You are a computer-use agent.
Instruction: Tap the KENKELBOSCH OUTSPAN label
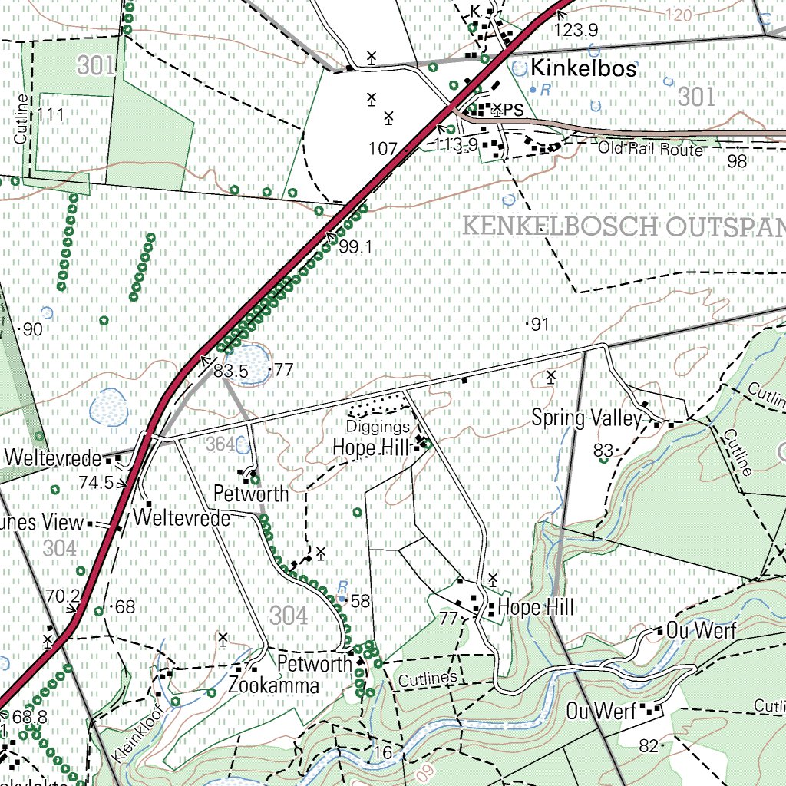(x=624, y=227)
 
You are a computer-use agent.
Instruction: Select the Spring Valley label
(x=586, y=418)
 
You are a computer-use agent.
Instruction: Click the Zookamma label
(x=274, y=685)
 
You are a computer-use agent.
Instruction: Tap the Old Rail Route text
(x=650, y=149)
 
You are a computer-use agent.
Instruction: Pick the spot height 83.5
(x=231, y=371)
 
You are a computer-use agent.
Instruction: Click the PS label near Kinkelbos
(x=514, y=110)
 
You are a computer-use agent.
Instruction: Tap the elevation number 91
(x=540, y=325)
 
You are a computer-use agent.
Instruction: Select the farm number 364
(x=220, y=444)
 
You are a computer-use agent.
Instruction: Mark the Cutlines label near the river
(x=428, y=679)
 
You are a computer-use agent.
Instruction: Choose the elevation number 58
(x=360, y=601)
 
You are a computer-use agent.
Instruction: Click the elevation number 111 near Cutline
(x=51, y=115)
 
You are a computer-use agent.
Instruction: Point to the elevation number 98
(x=737, y=160)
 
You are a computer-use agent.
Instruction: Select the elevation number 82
(x=649, y=745)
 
